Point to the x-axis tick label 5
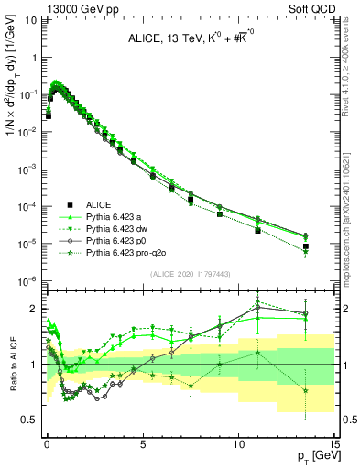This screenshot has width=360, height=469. pyautogui.click(x=142, y=441)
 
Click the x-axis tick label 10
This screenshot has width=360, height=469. pyautogui.click(x=238, y=441)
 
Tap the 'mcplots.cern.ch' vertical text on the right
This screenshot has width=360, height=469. pyautogui.click(x=350, y=220)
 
